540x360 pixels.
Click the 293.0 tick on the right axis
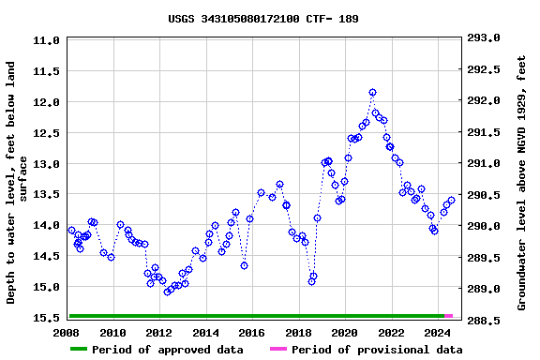[x=484, y=38]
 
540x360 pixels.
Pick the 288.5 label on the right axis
[x=484, y=321]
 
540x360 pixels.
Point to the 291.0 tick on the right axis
[x=484, y=164]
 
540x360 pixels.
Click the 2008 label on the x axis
[x=67, y=333]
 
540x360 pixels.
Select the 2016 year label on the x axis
[x=251, y=333]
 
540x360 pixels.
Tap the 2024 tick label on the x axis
[x=437, y=333]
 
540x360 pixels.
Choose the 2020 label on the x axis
[x=344, y=333]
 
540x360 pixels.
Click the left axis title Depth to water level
[x=19, y=183]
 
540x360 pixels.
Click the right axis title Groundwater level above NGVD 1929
[x=521, y=183]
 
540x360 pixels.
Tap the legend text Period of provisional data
[x=377, y=350]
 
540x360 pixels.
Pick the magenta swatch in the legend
[x=278, y=350]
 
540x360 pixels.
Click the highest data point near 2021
[x=372, y=93]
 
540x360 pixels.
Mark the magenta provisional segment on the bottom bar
[x=449, y=316]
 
